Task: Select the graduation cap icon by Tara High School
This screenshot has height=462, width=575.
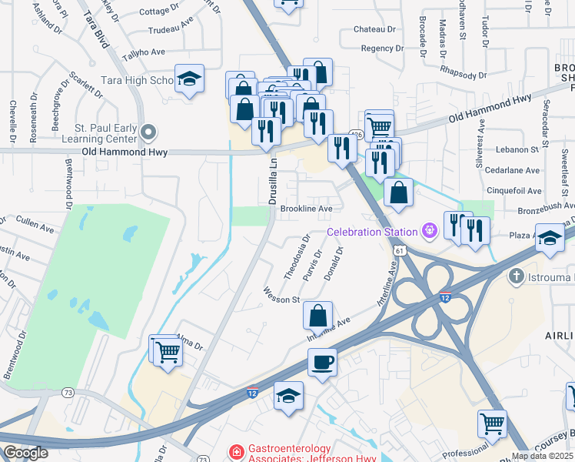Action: point(189,79)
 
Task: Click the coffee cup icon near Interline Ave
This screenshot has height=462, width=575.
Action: point(322,361)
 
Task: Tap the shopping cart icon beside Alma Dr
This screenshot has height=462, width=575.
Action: point(167,352)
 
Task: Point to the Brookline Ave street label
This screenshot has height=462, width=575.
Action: point(306,209)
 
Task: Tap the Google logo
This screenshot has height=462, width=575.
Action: point(25,453)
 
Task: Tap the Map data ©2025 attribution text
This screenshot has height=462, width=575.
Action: point(541,456)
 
